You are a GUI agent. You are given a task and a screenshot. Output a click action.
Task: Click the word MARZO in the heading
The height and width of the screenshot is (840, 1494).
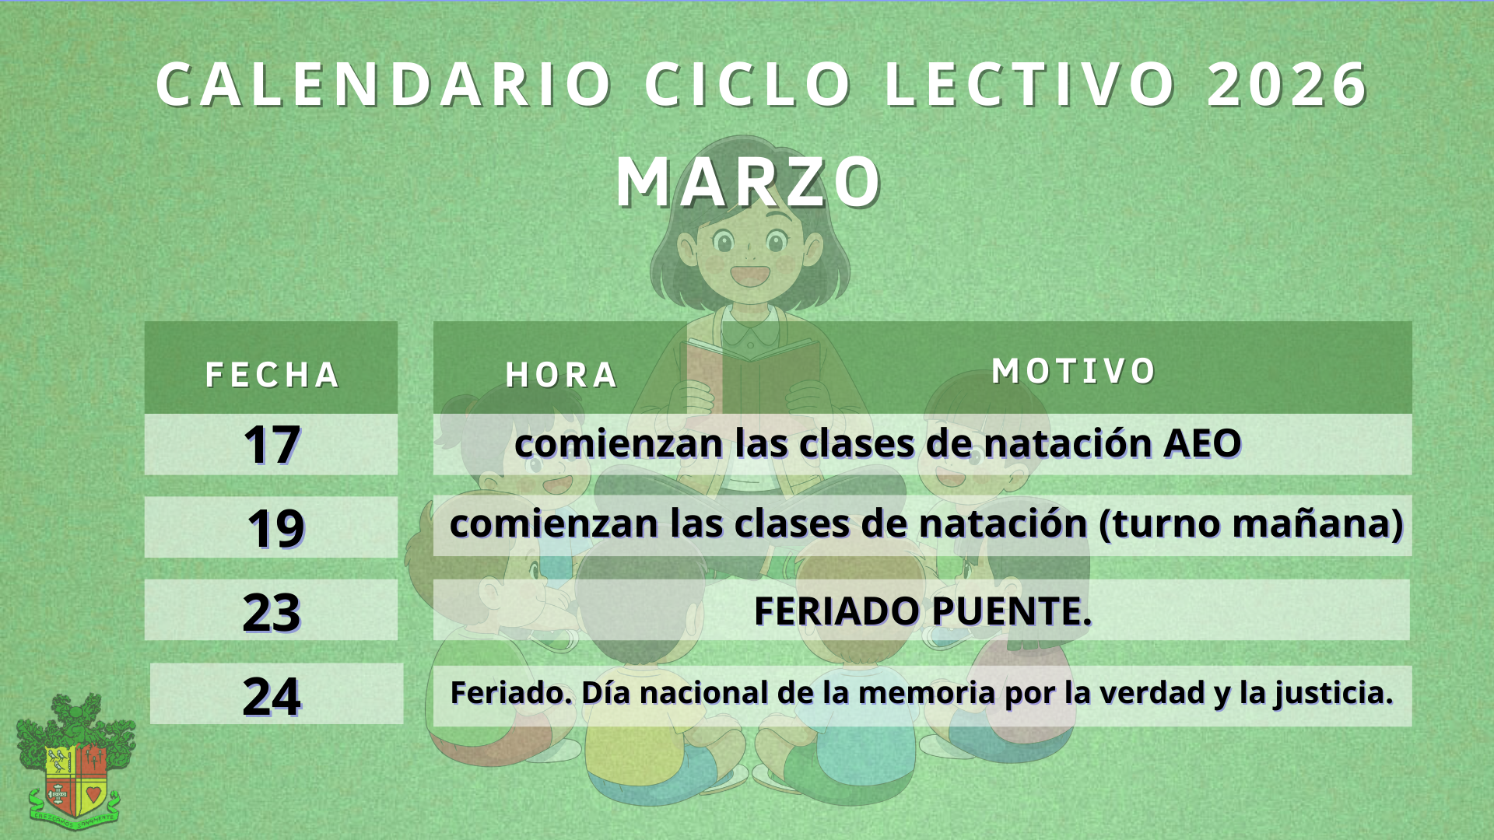click(749, 182)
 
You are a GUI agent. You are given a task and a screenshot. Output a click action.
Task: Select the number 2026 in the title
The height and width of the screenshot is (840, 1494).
click(1288, 84)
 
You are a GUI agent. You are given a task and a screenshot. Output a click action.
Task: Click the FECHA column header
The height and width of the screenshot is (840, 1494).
click(272, 375)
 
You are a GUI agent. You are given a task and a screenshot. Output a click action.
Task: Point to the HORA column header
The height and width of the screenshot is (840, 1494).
click(562, 375)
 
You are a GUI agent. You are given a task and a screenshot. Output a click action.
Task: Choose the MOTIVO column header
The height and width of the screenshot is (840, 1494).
click(1074, 371)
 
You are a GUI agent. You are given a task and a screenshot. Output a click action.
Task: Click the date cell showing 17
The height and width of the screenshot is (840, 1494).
click(272, 445)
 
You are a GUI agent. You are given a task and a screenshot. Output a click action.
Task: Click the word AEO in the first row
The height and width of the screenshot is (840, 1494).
click(1202, 443)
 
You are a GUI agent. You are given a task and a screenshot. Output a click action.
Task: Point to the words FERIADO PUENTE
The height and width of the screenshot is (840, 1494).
click(923, 611)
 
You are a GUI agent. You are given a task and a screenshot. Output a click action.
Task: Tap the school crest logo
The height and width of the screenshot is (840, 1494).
click(75, 762)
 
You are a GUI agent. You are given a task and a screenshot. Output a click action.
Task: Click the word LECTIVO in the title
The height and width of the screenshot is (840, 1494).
click(1030, 84)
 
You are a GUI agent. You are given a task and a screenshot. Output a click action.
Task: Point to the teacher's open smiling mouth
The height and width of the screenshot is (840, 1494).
click(750, 275)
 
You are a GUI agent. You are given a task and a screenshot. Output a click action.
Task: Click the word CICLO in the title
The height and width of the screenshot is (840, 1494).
click(749, 84)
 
